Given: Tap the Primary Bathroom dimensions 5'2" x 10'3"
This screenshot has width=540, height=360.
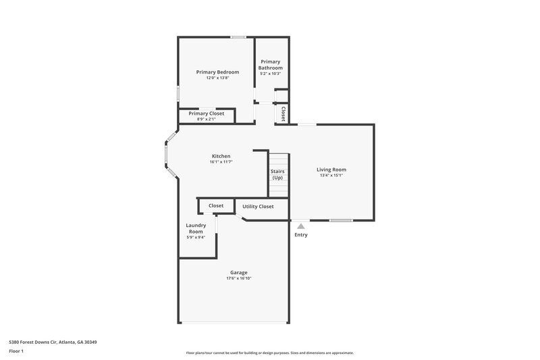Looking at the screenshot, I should [x=271, y=74].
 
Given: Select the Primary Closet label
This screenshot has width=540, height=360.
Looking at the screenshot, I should [x=206, y=113].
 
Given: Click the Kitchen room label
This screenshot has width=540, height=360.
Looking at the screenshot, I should [x=221, y=156].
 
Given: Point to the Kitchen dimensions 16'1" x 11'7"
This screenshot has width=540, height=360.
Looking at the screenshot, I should [x=221, y=162].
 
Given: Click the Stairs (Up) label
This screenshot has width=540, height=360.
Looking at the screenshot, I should [x=278, y=174].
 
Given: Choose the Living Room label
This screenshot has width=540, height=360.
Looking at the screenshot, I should [x=331, y=170].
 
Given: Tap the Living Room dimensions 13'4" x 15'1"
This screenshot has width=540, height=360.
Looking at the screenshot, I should [x=331, y=176].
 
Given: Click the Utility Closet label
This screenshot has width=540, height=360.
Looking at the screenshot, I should [x=258, y=206].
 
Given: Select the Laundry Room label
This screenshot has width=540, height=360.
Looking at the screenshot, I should [x=196, y=228].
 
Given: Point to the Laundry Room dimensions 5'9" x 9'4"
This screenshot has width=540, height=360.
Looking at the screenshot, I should [x=196, y=237].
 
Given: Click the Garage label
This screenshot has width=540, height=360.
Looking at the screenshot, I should [x=239, y=272].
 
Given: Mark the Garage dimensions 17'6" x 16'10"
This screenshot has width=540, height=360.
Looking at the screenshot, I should [x=239, y=278].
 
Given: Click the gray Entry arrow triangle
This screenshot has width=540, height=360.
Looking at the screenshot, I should [x=300, y=226].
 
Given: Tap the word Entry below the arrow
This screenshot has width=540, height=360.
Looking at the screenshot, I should [x=301, y=235].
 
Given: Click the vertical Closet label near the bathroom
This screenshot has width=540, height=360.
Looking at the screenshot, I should [x=283, y=113].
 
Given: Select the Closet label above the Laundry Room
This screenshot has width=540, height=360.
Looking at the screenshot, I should [x=216, y=205].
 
